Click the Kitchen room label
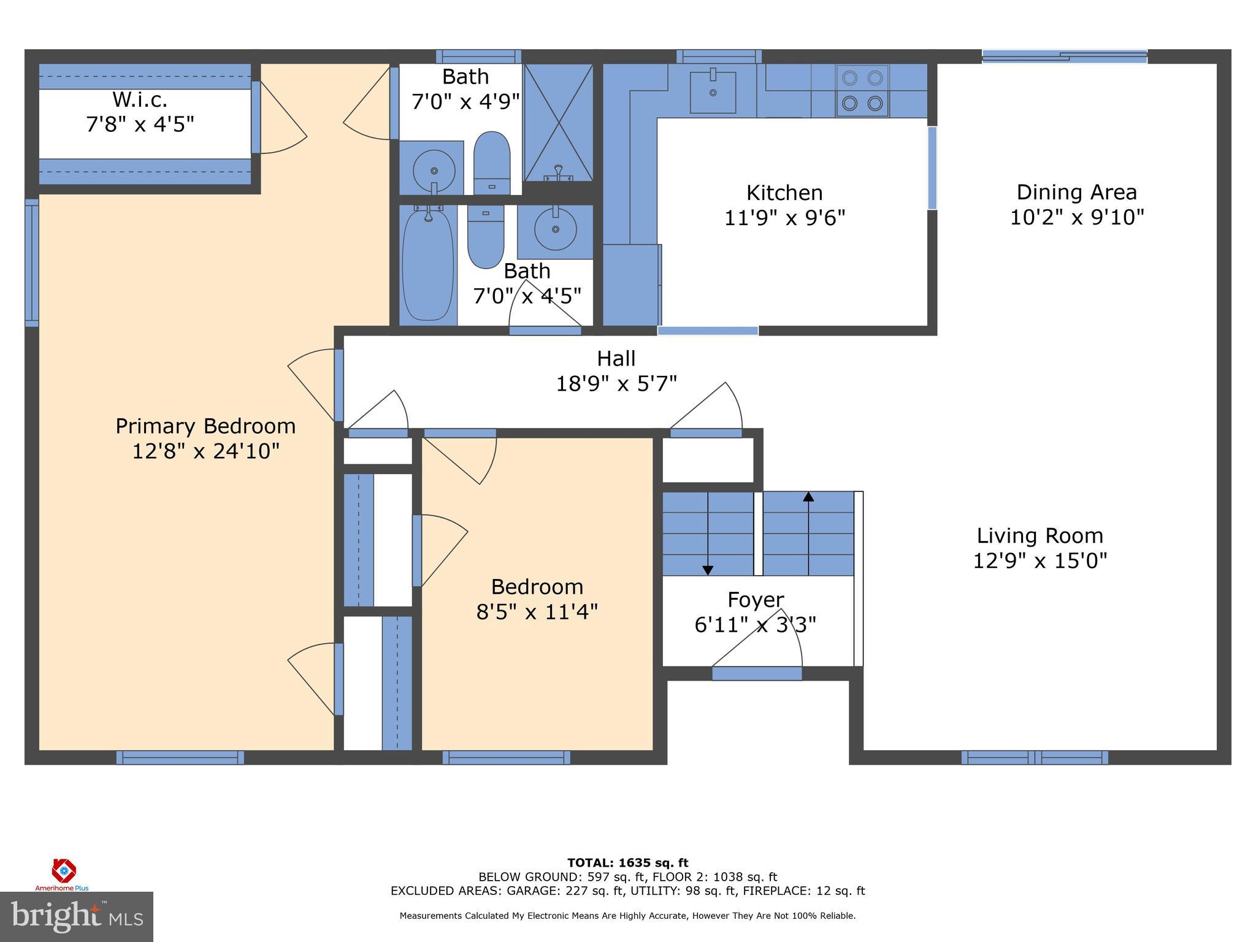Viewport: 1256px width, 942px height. pyautogui.click(x=784, y=193)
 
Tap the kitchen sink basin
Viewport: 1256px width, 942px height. pyautogui.click(x=713, y=93)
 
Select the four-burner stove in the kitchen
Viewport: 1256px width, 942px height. pyautogui.click(x=862, y=91)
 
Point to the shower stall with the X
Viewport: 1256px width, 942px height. pyautogui.click(x=558, y=123)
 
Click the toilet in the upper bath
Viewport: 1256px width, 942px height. pyautogui.click(x=492, y=162)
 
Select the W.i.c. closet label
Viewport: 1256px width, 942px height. pyautogui.click(x=140, y=99)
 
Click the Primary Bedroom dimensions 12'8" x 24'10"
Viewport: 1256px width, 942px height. pyautogui.click(x=205, y=451)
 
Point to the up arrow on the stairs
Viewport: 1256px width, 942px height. pyautogui.click(x=808, y=497)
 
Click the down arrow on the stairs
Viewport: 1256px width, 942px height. pyautogui.click(x=708, y=569)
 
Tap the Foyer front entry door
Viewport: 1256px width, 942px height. pyautogui.click(x=757, y=673)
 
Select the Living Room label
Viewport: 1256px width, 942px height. pyautogui.click(x=1040, y=536)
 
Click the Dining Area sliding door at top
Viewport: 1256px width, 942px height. pyautogui.click(x=1064, y=56)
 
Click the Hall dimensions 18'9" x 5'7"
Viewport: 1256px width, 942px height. pyautogui.click(x=616, y=384)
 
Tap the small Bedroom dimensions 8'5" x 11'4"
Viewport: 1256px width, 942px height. pyautogui.click(x=537, y=612)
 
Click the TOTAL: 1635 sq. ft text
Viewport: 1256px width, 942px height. pyautogui.click(x=627, y=863)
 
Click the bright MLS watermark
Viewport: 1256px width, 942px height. pyautogui.click(x=77, y=916)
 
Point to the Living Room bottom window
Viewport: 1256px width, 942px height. pyautogui.click(x=1034, y=757)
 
